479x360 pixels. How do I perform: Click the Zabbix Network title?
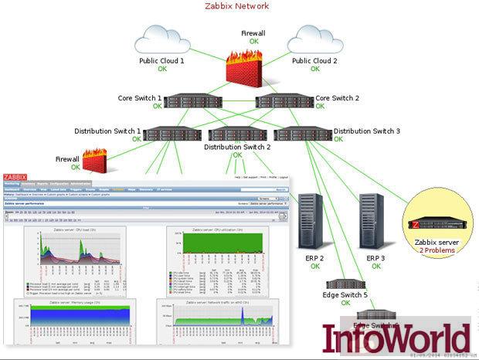(x=237, y=7)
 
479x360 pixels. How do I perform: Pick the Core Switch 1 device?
(x=187, y=100)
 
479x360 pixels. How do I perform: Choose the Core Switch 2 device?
(x=284, y=100)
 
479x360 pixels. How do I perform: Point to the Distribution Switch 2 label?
(x=237, y=146)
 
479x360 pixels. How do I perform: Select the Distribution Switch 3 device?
(x=304, y=133)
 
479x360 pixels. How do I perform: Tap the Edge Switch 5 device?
(x=345, y=284)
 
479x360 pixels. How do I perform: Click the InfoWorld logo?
(x=396, y=339)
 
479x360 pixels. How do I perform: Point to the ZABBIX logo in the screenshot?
(x=15, y=177)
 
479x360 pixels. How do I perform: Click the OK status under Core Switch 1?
(x=158, y=107)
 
